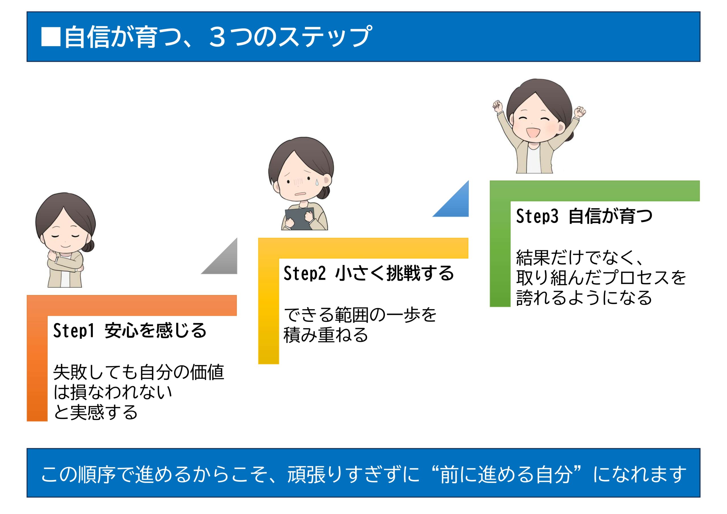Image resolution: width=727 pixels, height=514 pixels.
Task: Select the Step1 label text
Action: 74,331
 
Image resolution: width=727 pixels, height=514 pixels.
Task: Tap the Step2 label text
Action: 304,273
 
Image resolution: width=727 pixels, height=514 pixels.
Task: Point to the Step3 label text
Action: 537,216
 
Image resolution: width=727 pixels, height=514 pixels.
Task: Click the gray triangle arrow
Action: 225,261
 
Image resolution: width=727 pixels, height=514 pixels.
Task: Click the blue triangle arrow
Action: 456,204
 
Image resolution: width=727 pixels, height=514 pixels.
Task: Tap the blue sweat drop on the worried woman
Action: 316,181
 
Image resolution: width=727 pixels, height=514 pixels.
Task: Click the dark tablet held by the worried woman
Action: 299,219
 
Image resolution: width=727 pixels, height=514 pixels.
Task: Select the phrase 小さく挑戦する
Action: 394,273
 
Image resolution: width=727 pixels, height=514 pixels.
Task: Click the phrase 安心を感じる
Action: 155,331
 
